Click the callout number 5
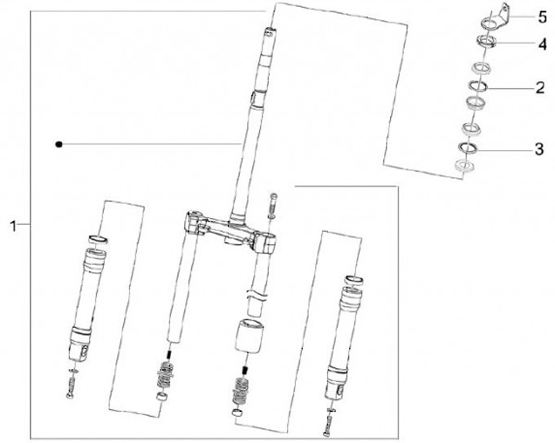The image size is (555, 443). [542, 17]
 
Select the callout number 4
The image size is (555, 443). [542, 45]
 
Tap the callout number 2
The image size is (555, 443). [540, 87]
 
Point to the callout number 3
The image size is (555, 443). [539, 149]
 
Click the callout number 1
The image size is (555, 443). [13, 226]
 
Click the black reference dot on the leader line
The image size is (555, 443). [59, 144]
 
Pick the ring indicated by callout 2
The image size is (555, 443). [478, 86]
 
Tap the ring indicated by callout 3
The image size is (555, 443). [468, 148]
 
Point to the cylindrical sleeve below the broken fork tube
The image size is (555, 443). [250, 335]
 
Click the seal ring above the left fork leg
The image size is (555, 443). [98, 239]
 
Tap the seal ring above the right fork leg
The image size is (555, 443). [354, 270]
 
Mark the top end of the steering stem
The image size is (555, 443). [270, 32]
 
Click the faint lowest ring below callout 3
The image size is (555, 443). [464, 165]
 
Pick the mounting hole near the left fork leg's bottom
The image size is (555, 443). [84, 352]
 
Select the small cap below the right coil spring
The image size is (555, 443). [237, 412]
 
